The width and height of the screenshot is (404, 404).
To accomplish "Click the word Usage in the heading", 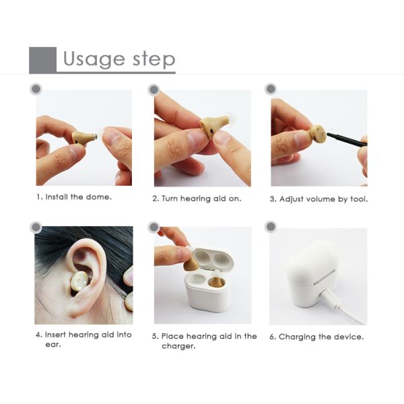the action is [94, 59].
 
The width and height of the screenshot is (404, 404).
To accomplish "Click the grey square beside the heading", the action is [43, 60].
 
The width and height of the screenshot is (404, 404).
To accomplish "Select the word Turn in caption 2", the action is [170, 199].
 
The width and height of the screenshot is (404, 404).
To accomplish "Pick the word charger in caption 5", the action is [178, 346].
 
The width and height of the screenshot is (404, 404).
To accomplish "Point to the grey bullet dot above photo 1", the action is [36, 89].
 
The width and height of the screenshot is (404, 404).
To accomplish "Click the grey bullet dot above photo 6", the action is [271, 227].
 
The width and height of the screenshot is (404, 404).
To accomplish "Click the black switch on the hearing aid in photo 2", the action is [211, 131].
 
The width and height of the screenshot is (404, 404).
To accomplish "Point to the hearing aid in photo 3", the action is [318, 134].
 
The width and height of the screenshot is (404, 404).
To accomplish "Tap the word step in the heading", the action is [154, 60].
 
